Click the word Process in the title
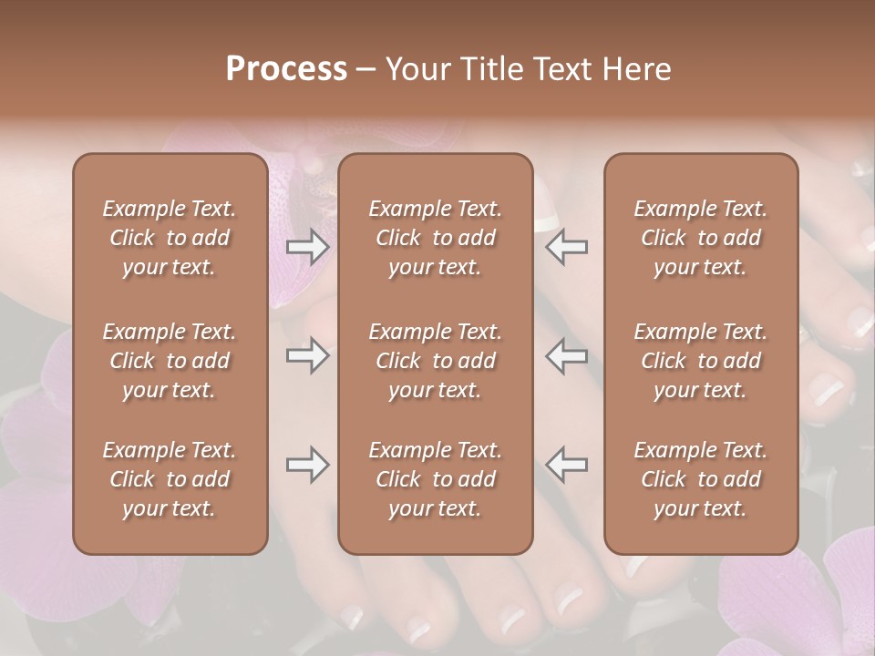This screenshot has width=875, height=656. pos(286,68)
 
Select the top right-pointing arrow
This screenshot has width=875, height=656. pos(307,247)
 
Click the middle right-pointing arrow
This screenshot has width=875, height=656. pos(307,354)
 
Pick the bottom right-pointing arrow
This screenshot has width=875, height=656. pos(307,465)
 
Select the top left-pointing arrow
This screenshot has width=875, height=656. pos(567,247)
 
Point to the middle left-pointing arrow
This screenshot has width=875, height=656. pos(567,354)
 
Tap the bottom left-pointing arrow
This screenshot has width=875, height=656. pos(567,465)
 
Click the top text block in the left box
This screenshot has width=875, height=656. pos(170,238)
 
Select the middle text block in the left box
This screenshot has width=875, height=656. pos(170,361)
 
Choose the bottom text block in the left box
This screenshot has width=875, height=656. pos(170,479)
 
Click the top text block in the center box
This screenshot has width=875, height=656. pos(436,238)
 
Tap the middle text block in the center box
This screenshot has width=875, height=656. pos(436,361)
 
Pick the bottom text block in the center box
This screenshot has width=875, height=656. pos(436,479)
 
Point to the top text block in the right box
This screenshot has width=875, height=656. pos(701,238)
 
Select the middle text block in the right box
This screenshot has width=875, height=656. pos(701,361)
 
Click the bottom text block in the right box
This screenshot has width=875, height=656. pos(701,479)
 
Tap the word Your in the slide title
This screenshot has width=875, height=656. pos(415,68)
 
